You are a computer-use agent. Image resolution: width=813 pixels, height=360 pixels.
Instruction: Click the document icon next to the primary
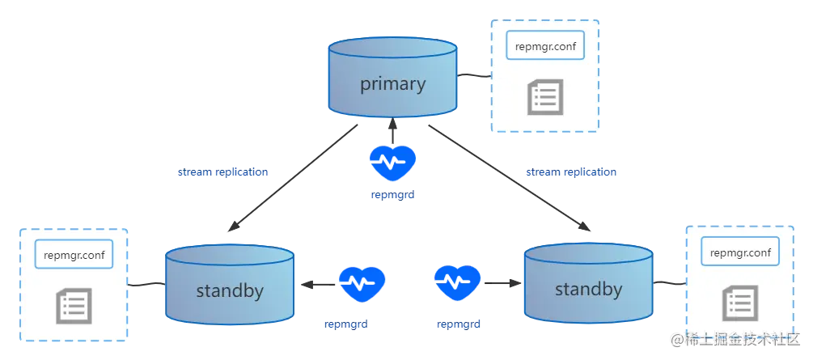pyautogui.click(x=543, y=96)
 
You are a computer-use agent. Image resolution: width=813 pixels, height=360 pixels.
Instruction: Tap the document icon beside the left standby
pyautogui.click(x=73, y=307)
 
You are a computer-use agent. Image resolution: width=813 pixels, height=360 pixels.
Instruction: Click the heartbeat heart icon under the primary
pyautogui.click(x=392, y=163)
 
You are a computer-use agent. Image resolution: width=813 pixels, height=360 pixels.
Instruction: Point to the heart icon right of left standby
pyautogui.click(x=362, y=284)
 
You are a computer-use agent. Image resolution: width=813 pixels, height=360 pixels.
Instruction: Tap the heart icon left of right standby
pyautogui.click(x=459, y=284)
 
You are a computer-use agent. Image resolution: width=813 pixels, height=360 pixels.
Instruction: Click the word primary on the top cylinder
pyautogui.click(x=392, y=84)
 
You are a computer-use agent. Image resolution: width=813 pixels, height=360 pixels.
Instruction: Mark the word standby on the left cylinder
pyautogui.click(x=229, y=290)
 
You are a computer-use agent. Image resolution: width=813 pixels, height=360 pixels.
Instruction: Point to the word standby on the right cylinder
pyautogui.click(x=589, y=289)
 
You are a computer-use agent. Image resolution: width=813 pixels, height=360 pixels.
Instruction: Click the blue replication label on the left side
pyautogui.click(x=222, y=173)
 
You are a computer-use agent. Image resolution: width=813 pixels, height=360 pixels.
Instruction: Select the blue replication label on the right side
pyautogui.click(x=571, y=173)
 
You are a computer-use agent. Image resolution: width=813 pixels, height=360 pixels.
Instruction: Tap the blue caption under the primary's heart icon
pyautogui.click(x=392, y=195)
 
